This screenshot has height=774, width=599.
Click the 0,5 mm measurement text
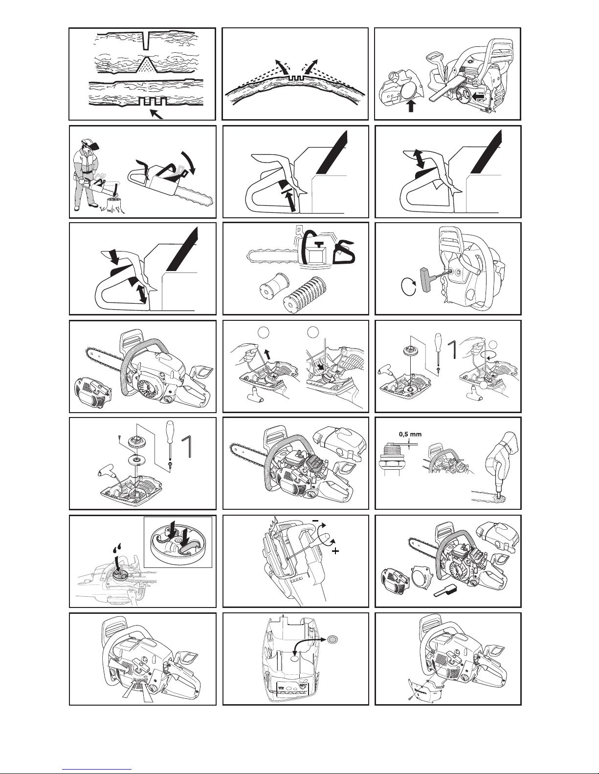click(x=410, y=434)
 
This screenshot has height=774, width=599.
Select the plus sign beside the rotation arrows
click(x=335, y=551)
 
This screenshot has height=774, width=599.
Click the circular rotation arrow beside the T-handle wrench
click(x=409, y=287)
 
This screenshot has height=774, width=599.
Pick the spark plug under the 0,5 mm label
click(x=389, y=459)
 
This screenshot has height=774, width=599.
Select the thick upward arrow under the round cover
click(x=411, y=106)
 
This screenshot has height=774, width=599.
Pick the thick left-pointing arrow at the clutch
click(x=478, y=96)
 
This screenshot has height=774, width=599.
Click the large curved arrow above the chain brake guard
click(x=189, y=162)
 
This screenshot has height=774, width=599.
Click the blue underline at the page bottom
click(x=97, y=769)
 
